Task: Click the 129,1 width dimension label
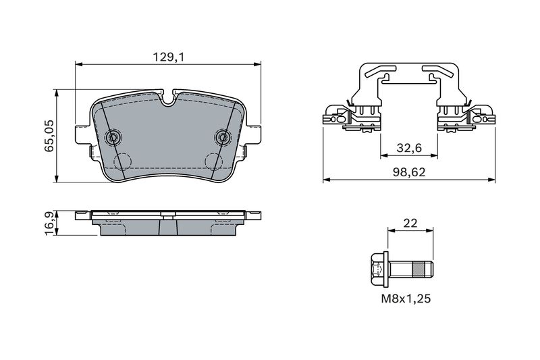pos(169,57)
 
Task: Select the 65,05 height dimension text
pos(49,136)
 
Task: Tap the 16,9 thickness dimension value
pos(49,224)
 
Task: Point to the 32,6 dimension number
pos(409,148)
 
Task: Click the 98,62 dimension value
pos(409,172)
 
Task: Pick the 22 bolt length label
pos(410,224)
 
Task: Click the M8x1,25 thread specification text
pos(406,299)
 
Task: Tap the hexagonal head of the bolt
pos(379,269)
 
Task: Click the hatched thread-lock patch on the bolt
pos(418,269)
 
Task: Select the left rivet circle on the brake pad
pos(113,138)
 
